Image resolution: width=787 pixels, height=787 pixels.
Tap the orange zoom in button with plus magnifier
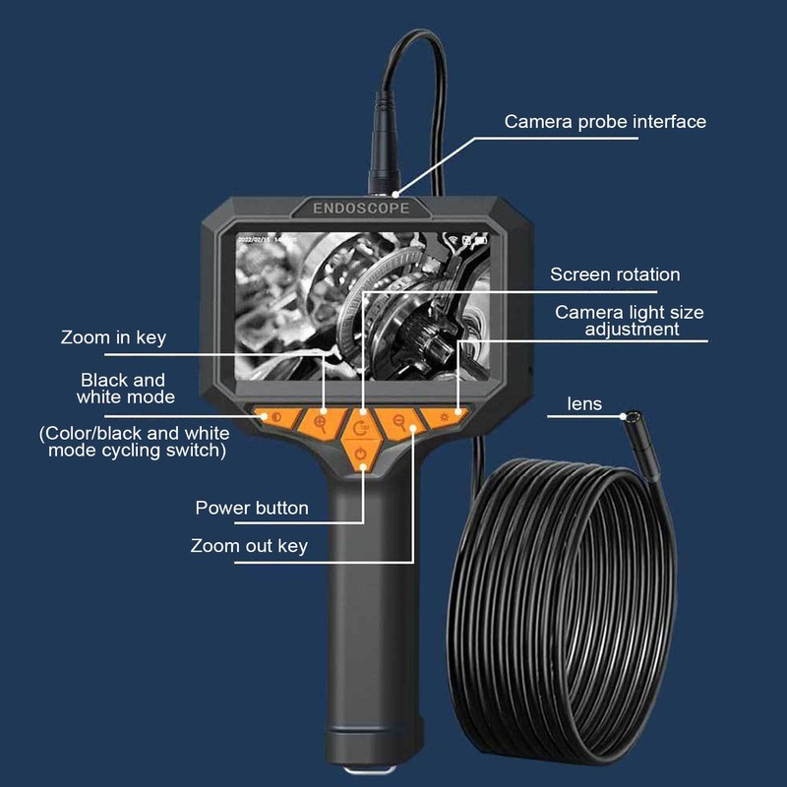[x=321, y=422]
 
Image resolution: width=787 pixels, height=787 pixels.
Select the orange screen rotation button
[x=363, y=427]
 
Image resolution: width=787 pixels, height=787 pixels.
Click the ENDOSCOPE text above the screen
[x=360, y=209]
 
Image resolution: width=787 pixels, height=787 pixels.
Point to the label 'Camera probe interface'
[x=605, y=122]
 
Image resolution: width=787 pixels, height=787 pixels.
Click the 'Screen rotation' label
[x=615, y=274]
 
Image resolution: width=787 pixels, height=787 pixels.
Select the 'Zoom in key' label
[x=113, y=337]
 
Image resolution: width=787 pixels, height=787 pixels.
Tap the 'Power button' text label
[x=252, y=508]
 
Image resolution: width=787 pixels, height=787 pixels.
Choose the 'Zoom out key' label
[x=250, y=545]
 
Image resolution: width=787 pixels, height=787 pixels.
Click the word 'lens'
[x=584, y=403]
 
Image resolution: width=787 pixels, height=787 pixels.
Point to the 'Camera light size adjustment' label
[x=631, y=321]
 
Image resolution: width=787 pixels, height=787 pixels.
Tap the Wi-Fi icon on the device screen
[x=454, y=239]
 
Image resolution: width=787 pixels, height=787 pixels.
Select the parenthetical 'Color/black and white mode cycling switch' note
[x=134, y=442]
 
